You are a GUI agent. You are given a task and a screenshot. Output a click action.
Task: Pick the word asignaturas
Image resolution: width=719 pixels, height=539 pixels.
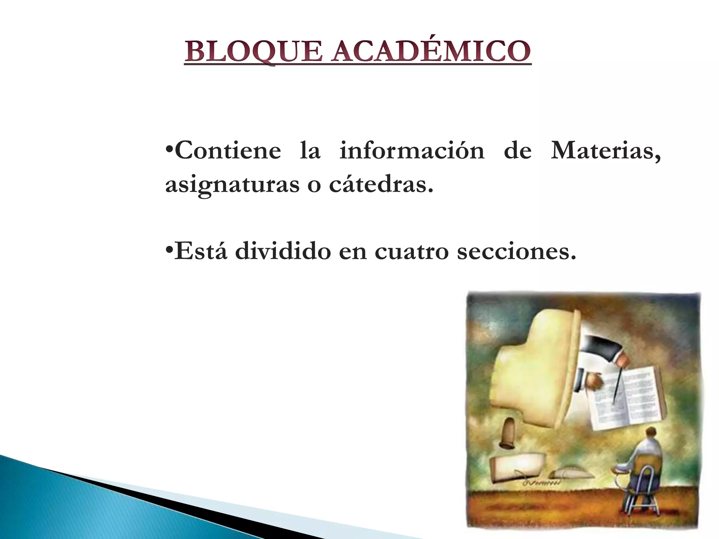(232, 185)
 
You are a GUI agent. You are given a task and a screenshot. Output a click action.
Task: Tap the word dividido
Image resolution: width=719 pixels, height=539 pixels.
(283, 251)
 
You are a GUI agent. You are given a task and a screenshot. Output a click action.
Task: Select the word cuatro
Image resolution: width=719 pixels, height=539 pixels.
(411, 252)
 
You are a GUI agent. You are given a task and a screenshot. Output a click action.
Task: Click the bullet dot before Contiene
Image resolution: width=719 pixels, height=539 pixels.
(169, 147)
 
